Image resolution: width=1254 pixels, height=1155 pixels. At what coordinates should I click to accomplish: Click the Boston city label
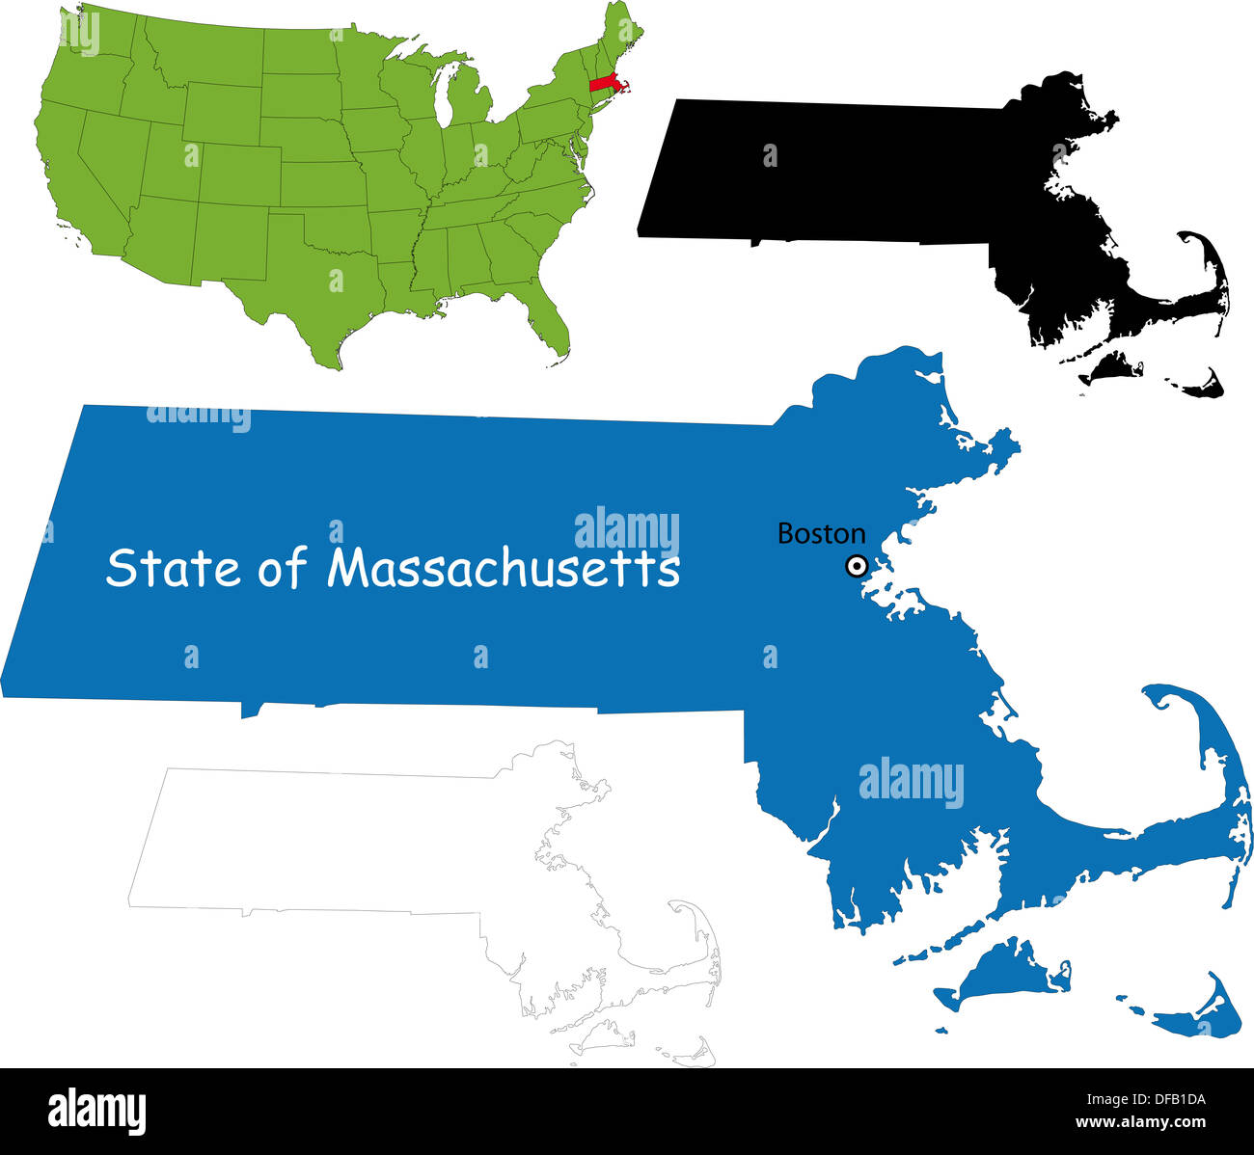click(821, 533)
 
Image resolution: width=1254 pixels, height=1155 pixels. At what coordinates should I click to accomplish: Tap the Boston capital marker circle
click(856, 566)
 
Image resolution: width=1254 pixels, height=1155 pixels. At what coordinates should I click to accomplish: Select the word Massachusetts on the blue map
click(503, 568)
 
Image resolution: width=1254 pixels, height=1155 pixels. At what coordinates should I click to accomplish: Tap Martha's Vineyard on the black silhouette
click(1109, 366)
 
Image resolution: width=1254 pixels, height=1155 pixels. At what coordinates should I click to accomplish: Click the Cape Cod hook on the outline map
click(685, 906)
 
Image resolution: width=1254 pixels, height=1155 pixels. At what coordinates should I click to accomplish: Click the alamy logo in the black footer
click(97, 1110)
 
